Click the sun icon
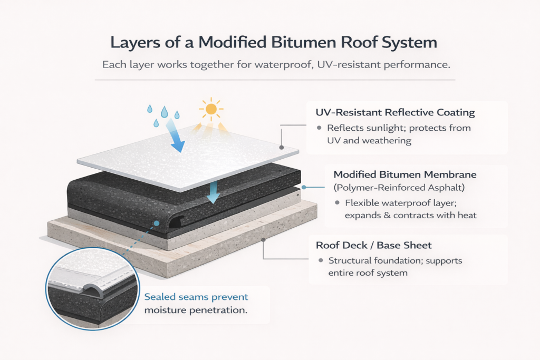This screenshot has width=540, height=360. [210, 109]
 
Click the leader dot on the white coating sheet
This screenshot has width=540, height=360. [282, 148]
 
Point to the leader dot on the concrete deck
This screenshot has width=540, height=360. [264, 240]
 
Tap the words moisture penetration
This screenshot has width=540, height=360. [195, 310]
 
